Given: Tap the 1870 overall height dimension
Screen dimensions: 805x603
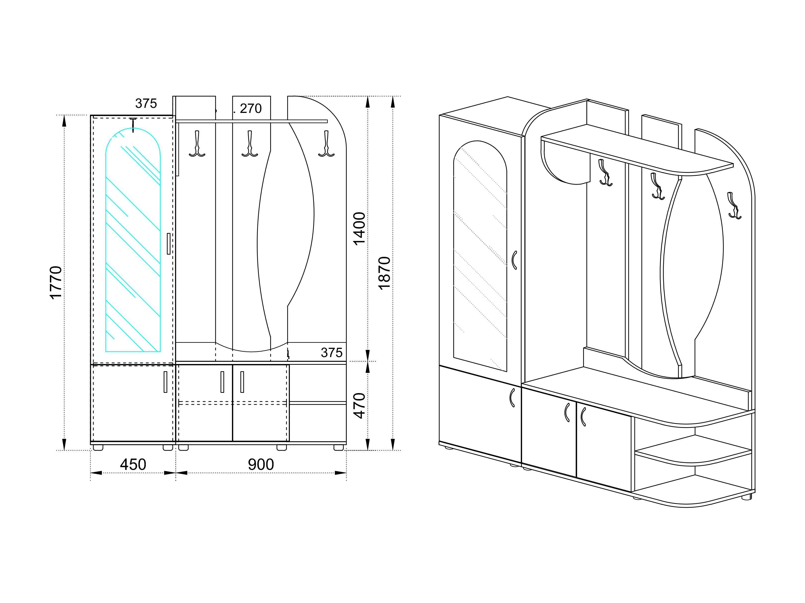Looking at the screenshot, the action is pos(384,273).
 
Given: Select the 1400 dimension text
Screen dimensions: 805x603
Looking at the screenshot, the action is pos(360,229).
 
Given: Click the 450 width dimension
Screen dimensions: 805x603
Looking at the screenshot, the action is pos(133,465).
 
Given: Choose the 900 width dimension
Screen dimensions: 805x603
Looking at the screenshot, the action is pos(261,465).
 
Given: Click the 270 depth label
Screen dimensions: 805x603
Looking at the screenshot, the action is pos(251,108).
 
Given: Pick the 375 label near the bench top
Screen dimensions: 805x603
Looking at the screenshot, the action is pos(332,352).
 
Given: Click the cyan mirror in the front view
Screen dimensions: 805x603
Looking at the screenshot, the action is pos(133,240).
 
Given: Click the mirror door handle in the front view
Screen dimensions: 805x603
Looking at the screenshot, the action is pos(168,244).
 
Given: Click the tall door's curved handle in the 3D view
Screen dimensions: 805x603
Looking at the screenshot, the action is pos(514,260).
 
